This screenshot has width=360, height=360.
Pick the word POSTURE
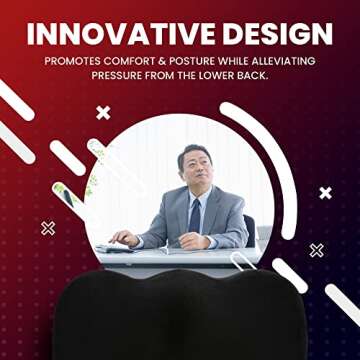tap(221, 60)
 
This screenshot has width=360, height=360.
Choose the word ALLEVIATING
tap(295, 60)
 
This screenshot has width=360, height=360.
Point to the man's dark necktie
tap(195, 213)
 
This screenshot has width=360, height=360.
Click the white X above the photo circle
tap(103, 112)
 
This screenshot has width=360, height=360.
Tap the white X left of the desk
tap(48, 228)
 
